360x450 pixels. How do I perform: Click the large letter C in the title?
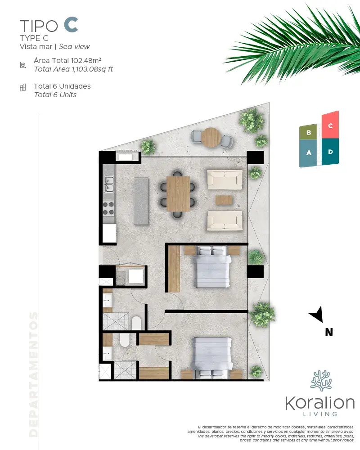(x=71, y=25)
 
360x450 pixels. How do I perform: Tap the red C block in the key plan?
(x=330, y=125)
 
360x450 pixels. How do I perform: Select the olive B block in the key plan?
(x=308, y=132)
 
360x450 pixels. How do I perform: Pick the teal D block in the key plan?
(x=330, y=152)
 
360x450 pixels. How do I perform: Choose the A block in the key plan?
(x=308, y=153)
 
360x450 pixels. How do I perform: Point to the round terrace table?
(x=211, y=137)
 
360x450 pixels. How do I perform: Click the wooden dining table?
(x=178, y=193)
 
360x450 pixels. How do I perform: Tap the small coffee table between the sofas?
(x=224, y=200)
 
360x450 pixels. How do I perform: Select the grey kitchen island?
(x=141, y=201)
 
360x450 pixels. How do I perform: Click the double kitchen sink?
(x=109, y=184)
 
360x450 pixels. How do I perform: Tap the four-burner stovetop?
(x=108, y=208)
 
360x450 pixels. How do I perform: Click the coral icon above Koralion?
(x=321, y=381)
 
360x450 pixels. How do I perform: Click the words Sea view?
(x=74, y=46)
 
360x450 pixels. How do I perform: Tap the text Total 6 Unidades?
(x=62, y=86)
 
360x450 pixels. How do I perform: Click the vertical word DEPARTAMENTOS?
(x=33, y=374)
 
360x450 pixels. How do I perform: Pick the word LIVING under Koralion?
(x=320, y=414)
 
